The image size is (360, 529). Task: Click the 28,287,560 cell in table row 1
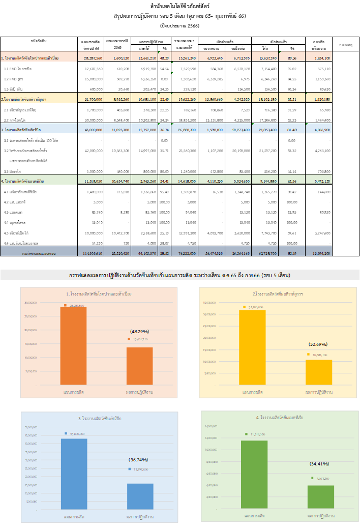(x=93, y=58)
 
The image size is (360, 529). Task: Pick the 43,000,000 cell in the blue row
(x=93, y=130)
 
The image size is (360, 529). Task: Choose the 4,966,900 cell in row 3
(x=320, y=130)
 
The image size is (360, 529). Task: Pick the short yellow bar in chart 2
(x=319, y=372)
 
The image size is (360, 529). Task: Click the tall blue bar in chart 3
(x=74, y=474)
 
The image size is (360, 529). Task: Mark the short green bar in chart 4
(x=321, y=496)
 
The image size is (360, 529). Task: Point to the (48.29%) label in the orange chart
(x=139, y=331)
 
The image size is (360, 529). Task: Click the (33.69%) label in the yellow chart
(x=319, y=344)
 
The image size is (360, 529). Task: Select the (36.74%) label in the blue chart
(x=138, y=459)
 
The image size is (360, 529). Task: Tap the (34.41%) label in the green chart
(x=319, y=463)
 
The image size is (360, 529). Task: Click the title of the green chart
(x=280, y=417)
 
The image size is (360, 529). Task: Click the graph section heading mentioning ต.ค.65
(x=179, y=275)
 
